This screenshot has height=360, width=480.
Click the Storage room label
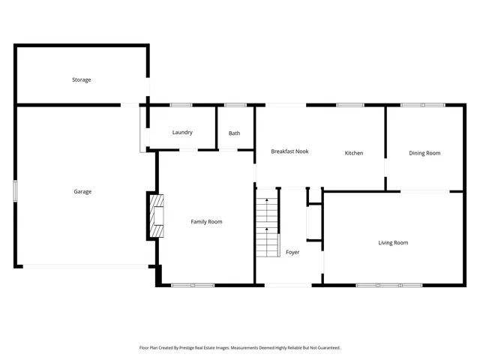(x=82, y=79)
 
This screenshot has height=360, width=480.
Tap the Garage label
(x=82, y=192)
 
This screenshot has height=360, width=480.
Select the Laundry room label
(x=182, y=133)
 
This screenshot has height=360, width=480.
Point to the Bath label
(x=235, y=133)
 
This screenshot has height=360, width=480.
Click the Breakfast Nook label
(x=289, y=151)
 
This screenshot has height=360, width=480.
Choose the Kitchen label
(x=354, y=153)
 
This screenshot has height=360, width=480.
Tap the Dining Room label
(x=424, y=153)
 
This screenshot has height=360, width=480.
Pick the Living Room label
(x=393, y=243)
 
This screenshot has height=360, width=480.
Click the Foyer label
(x=292, y=252)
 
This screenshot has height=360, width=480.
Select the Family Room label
(x=206, y=222)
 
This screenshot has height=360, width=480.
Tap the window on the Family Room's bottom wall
(x=193, y=285)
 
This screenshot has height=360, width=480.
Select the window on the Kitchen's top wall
(x=350, y=105)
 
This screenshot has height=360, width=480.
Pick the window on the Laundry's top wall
(x=181, y=105)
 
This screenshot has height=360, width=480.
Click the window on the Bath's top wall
(x=235, y=105)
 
